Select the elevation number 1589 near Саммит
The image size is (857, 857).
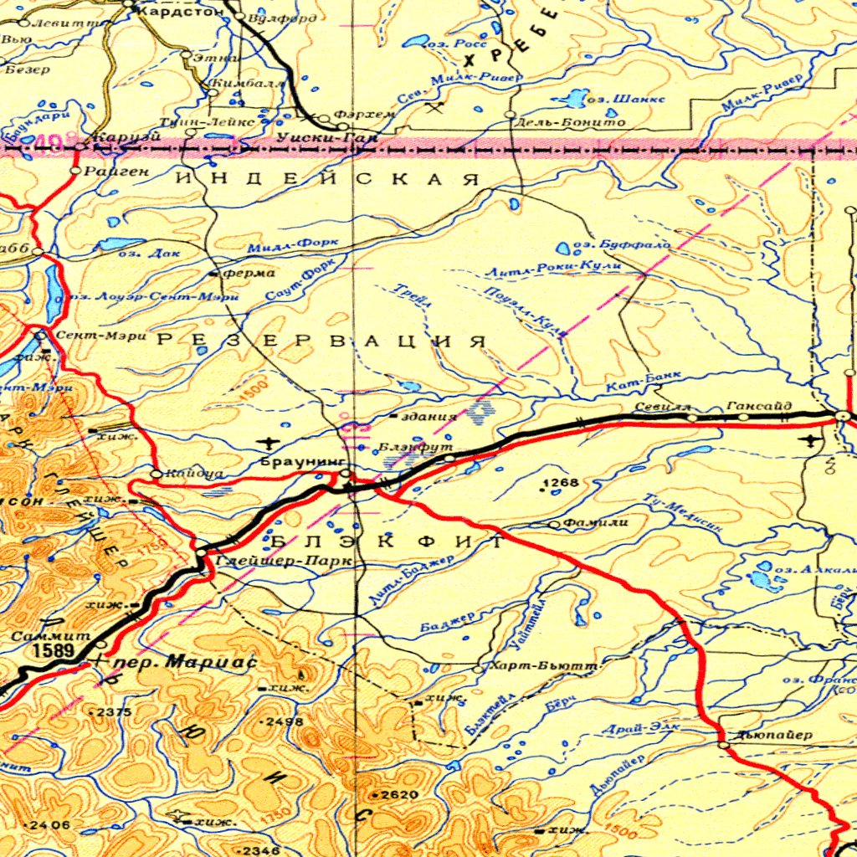pyautogui.click(x=54, y=649)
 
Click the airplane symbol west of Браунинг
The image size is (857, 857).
pyautogui.click(x=269, y=441)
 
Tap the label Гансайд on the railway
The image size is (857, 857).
pyautogui.click(x=754, y=405)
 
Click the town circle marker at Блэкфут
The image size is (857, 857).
pyautogui.click(x=449, y=459)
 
